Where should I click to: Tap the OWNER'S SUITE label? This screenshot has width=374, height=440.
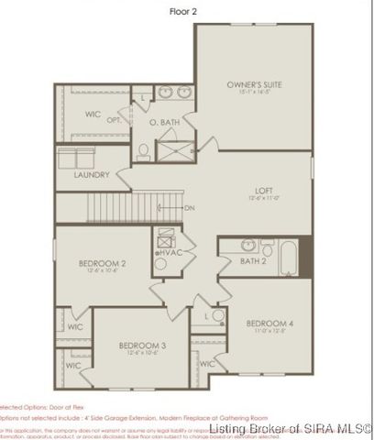pyautogui.click(x=254, y=84)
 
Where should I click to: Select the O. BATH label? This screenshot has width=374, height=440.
pyautogui.click(x=165, y=122)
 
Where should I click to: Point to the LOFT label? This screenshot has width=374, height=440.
pyautogui.click(x=264, y=192)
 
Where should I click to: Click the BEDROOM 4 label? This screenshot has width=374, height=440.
pyautogui.click(x=269, y=324)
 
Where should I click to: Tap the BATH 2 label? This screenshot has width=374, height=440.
pyautogui.click(x=252, y=262)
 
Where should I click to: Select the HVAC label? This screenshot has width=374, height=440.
pyautogui.click(x=173, y=251)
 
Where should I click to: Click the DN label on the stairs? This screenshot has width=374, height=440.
pyautogui.click(x=189, y=207)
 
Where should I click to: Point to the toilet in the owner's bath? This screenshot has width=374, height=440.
pyautogui.click(x=145, y=149)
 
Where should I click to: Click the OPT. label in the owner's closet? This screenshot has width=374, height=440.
pyautogui.click(x=115, y=120)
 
